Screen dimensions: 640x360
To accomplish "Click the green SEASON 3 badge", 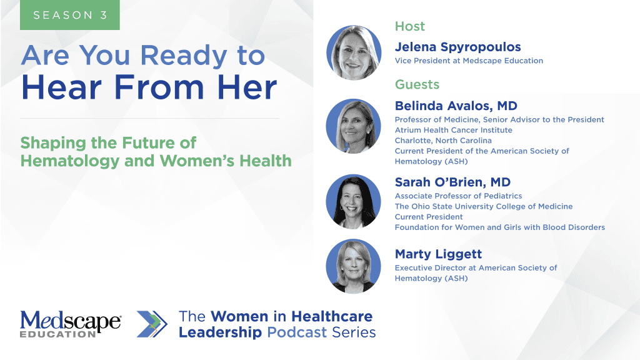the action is [70, 15].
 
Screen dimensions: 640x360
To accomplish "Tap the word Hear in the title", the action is [61, 87].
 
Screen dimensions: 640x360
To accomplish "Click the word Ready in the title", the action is [183, 55].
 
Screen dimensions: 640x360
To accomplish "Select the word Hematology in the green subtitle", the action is [70, 161].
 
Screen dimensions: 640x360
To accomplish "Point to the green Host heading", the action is [410, 26].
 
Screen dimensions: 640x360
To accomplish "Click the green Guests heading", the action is [417, 84].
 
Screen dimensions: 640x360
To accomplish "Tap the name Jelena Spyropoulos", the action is [457, 47].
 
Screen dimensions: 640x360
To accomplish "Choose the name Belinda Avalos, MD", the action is [456, 106].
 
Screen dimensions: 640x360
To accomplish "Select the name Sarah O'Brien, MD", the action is [452, 182].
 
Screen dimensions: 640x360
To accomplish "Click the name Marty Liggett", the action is [438, 254].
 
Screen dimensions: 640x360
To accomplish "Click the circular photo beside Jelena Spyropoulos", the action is [354, 52].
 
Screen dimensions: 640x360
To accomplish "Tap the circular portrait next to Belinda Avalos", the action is [354, 126].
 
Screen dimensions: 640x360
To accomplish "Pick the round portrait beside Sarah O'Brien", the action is [354, 202].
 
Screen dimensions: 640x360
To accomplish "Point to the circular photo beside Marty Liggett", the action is [354, 266].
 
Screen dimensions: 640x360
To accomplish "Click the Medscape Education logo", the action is [71, 324].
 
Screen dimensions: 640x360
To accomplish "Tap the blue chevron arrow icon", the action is [152, 324].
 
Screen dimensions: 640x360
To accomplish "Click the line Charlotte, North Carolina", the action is [443, 141].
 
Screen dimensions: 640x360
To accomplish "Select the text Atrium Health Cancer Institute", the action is [454, 130].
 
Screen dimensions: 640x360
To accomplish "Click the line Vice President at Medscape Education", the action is [469, 61].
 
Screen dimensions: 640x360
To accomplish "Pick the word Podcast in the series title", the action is [297, 332].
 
